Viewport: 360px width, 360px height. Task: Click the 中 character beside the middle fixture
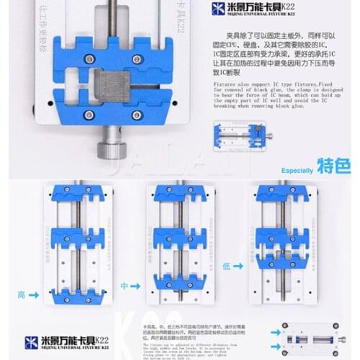coord(123,285)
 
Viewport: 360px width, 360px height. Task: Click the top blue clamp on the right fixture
coord(286,194)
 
